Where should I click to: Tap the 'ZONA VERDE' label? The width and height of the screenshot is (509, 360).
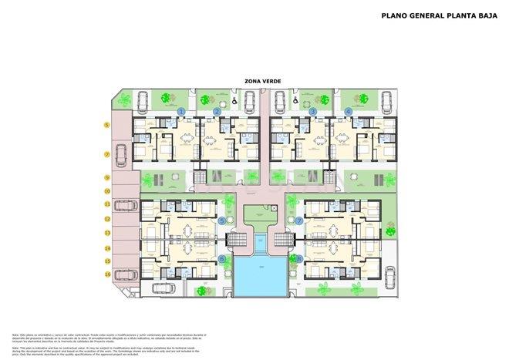click(x=254, y=80)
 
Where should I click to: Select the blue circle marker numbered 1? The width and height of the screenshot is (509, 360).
click(x=181, y=112)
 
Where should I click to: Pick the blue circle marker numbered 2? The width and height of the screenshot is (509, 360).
click(x=217, y=112)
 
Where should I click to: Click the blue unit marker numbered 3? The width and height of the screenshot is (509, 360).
click(x=313, y=112)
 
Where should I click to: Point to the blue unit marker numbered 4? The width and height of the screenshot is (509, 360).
click(x=349, y=112)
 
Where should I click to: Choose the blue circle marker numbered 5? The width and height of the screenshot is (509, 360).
click(x=222, y=220)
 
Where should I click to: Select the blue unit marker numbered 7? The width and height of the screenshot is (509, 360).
click(x=298, y=220)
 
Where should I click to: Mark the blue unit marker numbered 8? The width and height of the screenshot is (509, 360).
click(x=298, y=259)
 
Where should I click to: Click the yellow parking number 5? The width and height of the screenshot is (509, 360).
click(x=108, y=124)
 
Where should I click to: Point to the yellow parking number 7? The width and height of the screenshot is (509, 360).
click(x=108, y=154)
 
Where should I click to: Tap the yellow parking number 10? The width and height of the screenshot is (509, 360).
click(x=108, y=190)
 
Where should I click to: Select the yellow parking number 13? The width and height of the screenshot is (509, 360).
click(x=108, y=232)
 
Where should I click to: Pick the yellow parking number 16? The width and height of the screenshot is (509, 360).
click(x=108, y=274)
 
